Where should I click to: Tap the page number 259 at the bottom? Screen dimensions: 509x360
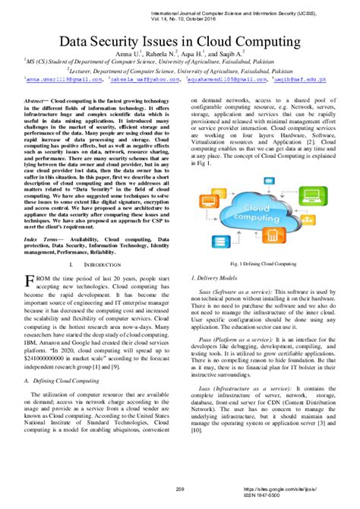(180, 488)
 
